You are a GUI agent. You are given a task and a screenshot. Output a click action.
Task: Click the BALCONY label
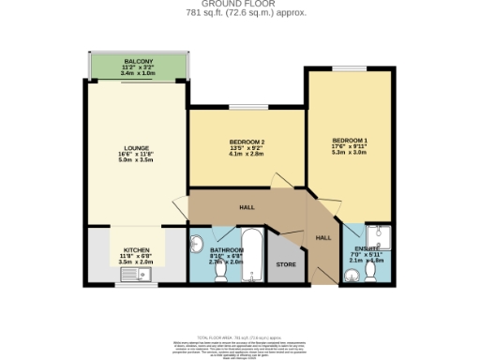pyautogui.click(x=138, y=61)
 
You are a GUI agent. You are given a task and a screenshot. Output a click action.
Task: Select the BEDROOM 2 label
pyautogui.click(x=246, y=142)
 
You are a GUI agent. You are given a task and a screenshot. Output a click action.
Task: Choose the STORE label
pyautogui.click(x=285, y=265)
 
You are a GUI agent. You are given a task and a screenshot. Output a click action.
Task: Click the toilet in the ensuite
pyautogui.click(x=372, y=271)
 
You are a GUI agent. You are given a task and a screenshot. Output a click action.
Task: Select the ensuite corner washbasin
pyautogui.click(x=351, y=275)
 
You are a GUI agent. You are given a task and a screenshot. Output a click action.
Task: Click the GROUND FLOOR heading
pyautogui.click(x=240, y=5)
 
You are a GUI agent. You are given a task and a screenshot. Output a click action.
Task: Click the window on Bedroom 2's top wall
pyautogui.click(x=246, y=109)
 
